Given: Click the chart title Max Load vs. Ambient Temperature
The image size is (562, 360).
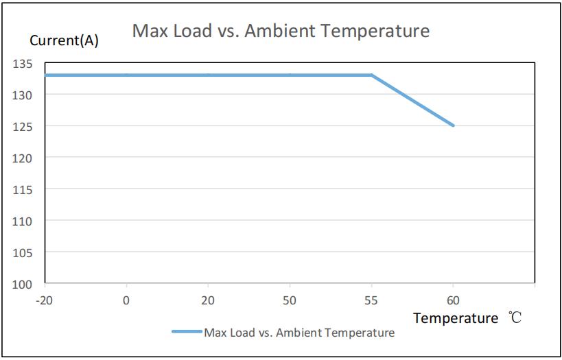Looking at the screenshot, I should [x=281, y=31].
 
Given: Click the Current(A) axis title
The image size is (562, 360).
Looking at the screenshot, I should [x=64, y=40].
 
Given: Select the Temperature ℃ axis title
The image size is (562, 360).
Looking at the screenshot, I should [x=467, y=318].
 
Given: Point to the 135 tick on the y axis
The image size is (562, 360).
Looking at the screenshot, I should [x=23, y=64].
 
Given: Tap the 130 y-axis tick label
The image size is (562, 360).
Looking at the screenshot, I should [x=23, y=95].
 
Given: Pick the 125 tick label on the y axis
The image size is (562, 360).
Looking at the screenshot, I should [x=23, y=127].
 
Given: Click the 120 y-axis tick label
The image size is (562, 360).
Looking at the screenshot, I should [x=23, y=158].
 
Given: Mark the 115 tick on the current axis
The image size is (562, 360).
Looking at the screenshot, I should [x=23, y=189].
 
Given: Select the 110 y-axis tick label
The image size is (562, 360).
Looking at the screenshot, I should [x=23, y=221].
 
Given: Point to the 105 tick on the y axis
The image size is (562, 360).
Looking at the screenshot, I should [x=23, y=252].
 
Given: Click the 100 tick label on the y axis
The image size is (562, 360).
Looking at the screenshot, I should [x=23, y=284].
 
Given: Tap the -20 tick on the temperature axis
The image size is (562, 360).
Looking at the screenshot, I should [x=45, y=300].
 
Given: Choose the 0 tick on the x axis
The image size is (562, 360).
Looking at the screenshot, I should [x=126, y=300].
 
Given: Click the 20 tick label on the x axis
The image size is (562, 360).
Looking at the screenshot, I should [x=208, y=300].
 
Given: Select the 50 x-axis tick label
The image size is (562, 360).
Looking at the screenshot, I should [x=290, y=300].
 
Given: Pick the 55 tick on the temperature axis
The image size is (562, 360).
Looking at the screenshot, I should [x=371, y=300].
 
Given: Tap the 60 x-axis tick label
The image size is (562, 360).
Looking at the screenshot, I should [x=453, y=300].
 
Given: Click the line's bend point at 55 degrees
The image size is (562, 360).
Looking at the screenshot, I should [x=371, y=75].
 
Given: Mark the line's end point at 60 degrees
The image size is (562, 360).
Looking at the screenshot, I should [x=453, y=125].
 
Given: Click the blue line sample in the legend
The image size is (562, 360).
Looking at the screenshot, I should [x=186, y=333].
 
